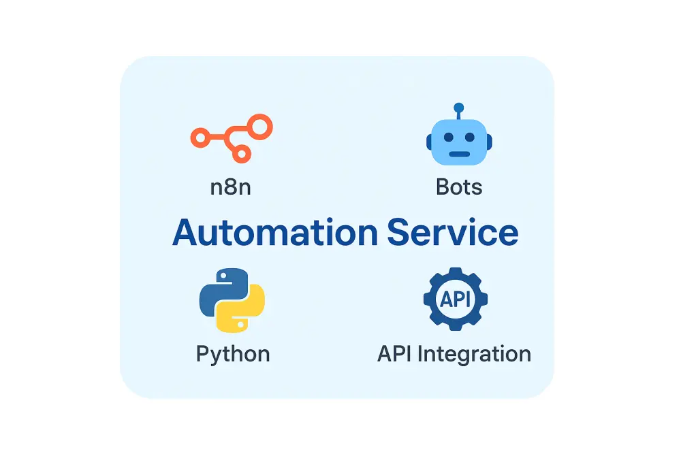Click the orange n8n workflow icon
[231, 138]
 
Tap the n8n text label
[231, 187]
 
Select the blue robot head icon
[459, 141]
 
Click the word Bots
[459, 187]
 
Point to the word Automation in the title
[274, 233]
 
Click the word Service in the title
[452, 233]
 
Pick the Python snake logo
[232, 300]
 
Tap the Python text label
[233, 354]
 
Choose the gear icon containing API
[455, 299]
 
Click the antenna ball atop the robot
[459, 108]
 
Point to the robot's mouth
[459, 153]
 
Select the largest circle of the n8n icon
[259, 126]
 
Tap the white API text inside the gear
[455, 299]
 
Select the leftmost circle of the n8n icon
[199, 138]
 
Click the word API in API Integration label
[396, 354]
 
